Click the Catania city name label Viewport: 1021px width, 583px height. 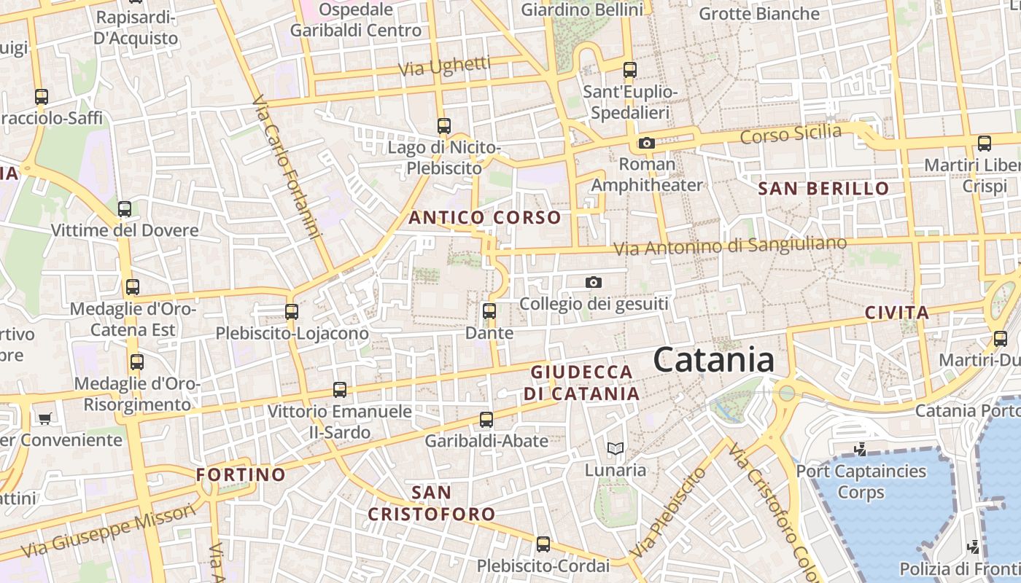pyautogui.click(x=713, y=361)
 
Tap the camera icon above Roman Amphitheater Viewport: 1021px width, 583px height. pyautogui.click(x=646, y=143)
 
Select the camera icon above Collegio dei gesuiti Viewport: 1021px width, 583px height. pyautogui.click(x=594, y=282)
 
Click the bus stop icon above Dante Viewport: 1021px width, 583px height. pyautogui.click(x=489, y=311)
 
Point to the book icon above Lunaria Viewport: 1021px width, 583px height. pyautogui.click(x=616, y=448)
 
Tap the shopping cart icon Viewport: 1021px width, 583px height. pyautogui.click(x=44, y=418)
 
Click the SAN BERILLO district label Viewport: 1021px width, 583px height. pyautogui.click(x=823, y=189)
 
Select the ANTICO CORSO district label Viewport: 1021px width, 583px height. pyautogui.click(x=485, y=217)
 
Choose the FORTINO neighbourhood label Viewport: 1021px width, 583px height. pyautogui.click(x=241, y=475)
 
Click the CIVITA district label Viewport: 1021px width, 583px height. pyautogui.click(x=896, y=313)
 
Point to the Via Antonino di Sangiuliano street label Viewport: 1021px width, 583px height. pyautogui.click(x=729, y=246)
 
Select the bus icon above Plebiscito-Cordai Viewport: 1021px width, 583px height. pyautogui.click(x=543, y=544)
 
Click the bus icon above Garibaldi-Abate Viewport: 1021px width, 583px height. pyautogui.click(x=486, y=419)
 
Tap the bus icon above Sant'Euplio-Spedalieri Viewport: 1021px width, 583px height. pyautogui.click(x=630, y=70)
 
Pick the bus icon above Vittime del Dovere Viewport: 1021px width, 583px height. pyautogui.click(x=125, y=209)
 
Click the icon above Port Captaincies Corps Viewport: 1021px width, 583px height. pyautogui.click(x=861, y=450)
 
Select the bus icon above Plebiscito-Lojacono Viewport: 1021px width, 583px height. pyautogui.click(x=292, y=312)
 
